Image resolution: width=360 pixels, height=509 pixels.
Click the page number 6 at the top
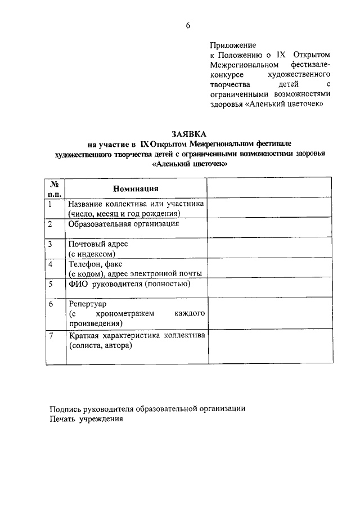pyautogui.click(x=188, y=25)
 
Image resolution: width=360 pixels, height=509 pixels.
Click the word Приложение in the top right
pyautogui.click(x=233, y=44)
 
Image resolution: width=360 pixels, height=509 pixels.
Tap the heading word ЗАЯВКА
pyautogui.click(x=190, y=134)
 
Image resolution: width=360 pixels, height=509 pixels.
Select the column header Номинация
pyautogui.click(x=136, y=188)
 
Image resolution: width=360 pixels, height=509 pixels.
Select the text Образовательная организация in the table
pyautogui.click(x=124, y=224)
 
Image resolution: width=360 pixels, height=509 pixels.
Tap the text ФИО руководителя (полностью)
pyautogui.click(x=129, y=284)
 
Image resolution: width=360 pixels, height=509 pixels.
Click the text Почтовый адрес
pyautogui.click(x=98, y=244)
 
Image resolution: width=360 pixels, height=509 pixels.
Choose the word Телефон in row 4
pyautogui.click(x=85, y=264)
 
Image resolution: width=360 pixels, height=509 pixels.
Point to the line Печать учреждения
pyautogui.click(x=85, y=418)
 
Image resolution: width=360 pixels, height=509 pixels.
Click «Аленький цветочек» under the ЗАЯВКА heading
pyautogui.click(x=190, y=164)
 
